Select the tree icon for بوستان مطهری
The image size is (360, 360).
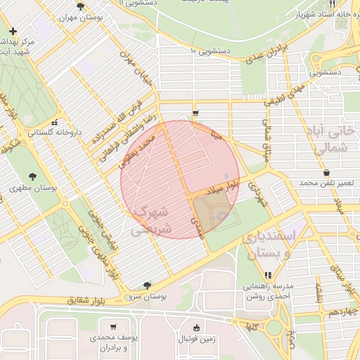click(32, 176)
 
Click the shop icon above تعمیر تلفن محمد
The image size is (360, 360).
click(326, 172)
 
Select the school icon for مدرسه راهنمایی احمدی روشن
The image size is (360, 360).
click(268, 275)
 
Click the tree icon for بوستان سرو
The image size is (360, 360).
click(146, 285)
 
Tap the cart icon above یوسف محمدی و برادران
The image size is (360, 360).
click(112, 327)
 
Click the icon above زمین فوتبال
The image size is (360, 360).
click(195, 327)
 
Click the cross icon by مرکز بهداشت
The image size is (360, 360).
click(13, 32)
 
